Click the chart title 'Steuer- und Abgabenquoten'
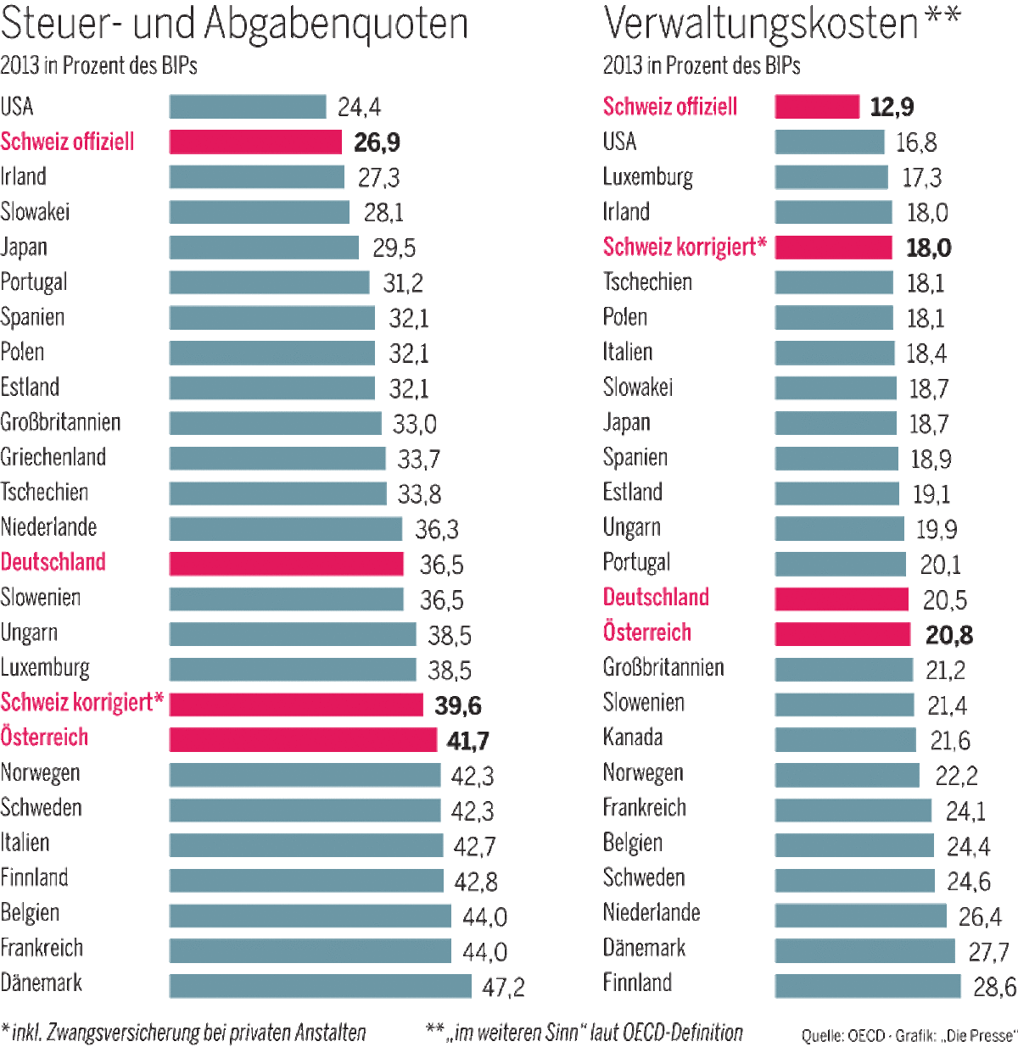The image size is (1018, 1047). pos(234,24)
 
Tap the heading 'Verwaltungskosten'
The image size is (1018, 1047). pos(761,24)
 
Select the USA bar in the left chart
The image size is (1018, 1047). pos(247,107)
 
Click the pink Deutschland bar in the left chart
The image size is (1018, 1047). pos(286,564)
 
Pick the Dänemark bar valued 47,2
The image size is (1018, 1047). pos(320,986)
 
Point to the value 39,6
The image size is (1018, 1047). pos(458,705)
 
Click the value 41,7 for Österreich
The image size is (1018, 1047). pos(467,741)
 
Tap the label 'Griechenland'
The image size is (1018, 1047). pos(53,458)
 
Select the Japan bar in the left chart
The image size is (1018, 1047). pos(264,248)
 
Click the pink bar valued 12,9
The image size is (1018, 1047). pos(817,107)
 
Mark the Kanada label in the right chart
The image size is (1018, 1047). pos(633,738)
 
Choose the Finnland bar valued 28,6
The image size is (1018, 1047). pos(868,986)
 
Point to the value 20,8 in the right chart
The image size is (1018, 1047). pos(949,635)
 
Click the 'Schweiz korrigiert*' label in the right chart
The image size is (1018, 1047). pos(685,248)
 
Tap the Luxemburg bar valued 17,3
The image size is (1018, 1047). pos(831,177)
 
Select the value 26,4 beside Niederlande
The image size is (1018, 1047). pos(980,916)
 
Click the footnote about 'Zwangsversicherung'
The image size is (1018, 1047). pos(184,1033)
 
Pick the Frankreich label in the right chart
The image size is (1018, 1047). pos(645,808)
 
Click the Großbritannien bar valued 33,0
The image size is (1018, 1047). pos(275,423)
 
